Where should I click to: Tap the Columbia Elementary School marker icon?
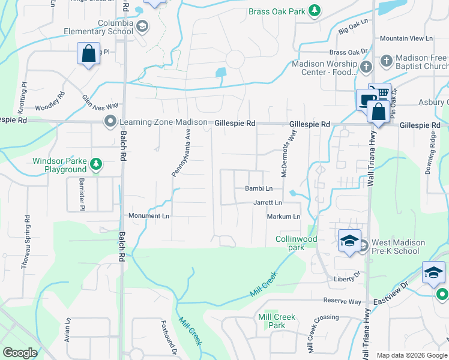pyautogui.click(x=142, y=26)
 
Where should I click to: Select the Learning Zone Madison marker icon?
pyautogui.click(x=110, y=122)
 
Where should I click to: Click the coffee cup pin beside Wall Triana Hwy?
pyautogui.click(x=366, y=100)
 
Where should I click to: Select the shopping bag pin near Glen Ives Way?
pyautogui.click(x=88, y=54)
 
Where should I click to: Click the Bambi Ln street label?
pyautogui.click(x=259, y=188)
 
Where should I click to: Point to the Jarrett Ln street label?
pyautogui.click(x=267, y=203)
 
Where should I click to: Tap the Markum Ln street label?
pyautogui.click(x=283, y=216)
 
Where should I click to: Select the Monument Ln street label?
pyautogui.click(x=149, y=215)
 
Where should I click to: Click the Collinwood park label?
pyautogui.click(x=296, y=243)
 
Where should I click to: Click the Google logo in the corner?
pyautogui.click(x=20, y=352)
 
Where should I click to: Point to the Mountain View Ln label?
pyautogui.click(x=406, y=38)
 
